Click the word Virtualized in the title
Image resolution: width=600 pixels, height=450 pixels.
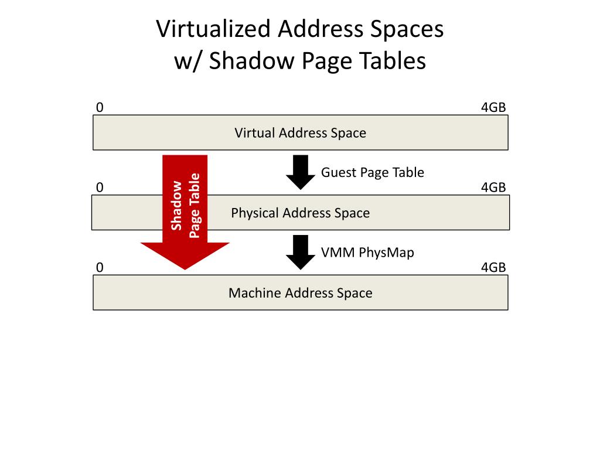coord(213,29)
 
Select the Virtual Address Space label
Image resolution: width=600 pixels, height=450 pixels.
coord(300,133)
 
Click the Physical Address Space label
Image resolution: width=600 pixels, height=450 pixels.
coord(300,213)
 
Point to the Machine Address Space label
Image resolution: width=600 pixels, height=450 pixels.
coord(300,293)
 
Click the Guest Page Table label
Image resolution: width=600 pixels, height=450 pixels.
coord(372,172)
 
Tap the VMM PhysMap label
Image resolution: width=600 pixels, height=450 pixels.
coord(367,253)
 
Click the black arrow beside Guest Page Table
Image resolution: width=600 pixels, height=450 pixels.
coord(301,172)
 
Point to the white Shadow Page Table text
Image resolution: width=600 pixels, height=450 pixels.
coord(185,205)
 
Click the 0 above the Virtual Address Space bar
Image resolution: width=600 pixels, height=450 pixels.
coord(100,108)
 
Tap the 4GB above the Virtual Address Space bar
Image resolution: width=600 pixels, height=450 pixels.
coord(493,108)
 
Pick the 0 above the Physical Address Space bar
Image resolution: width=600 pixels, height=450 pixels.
coord(100,187)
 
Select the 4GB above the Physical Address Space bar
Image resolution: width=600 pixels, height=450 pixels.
coord(493,187)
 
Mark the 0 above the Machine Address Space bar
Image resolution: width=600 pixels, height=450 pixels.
coord(100,268)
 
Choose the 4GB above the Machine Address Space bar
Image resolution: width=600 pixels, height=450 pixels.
coord(493,268)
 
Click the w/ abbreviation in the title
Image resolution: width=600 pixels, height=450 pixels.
coord(187,60)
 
